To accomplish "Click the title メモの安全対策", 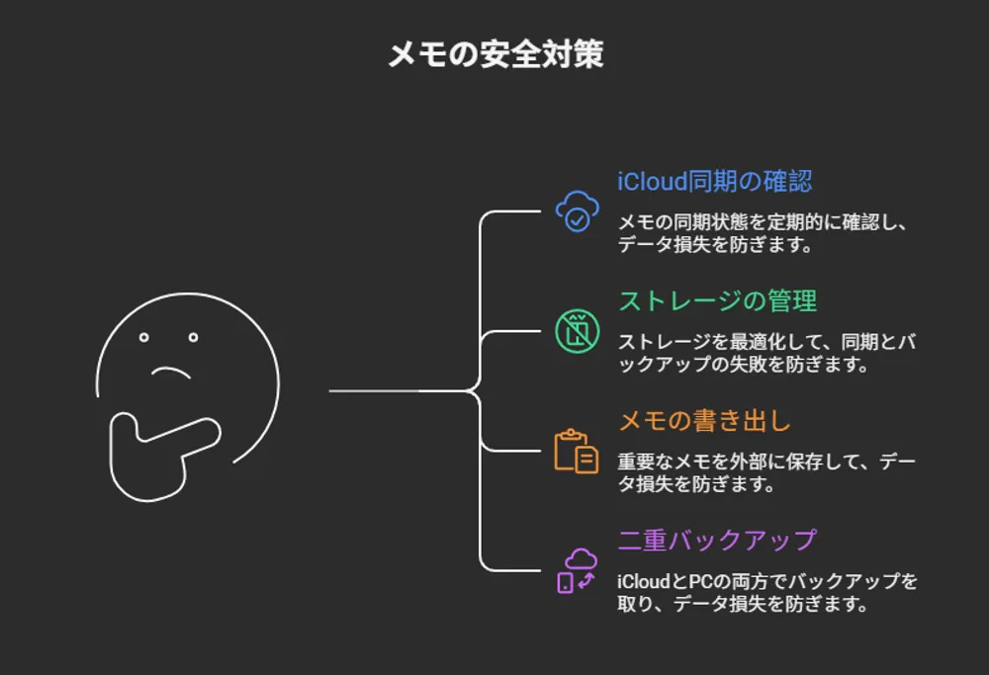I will [494, 55].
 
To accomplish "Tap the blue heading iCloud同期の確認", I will [715, 182].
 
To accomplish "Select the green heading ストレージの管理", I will [718, 300].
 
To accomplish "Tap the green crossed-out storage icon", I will [577, 330].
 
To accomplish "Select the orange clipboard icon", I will [576, 452].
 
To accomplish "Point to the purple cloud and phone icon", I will [577, 570].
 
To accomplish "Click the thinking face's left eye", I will [144, 337].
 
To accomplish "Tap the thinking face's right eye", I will [193, 337].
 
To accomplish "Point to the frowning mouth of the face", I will [170, 373].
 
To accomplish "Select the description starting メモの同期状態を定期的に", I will [762, 234].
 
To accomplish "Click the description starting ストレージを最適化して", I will [766, 353].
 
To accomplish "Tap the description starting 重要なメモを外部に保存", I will [766, 472].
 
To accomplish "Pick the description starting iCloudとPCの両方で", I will [766, 592].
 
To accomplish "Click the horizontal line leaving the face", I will [396, 390].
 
